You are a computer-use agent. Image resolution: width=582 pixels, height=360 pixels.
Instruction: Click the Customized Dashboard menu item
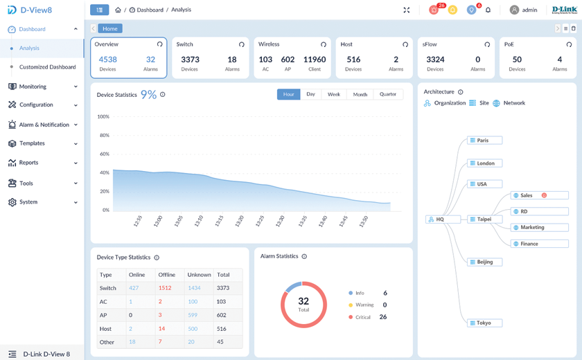click(47, 67)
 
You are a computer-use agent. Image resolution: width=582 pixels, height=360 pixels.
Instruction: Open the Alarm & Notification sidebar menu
click(43, 125)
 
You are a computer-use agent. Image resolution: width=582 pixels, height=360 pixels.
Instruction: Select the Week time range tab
click(334, 94)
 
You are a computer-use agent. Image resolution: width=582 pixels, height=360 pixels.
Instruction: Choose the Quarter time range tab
click(388, 94)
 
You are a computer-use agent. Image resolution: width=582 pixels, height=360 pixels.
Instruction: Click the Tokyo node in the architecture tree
click(484, 323)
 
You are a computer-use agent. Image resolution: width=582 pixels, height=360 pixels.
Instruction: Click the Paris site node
click(484, 141)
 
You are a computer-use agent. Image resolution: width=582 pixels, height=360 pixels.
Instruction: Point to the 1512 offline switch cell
click(165, 288)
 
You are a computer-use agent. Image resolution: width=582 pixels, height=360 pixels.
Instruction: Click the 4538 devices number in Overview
click(107, 60)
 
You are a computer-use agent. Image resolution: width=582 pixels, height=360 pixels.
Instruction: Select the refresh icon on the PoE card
click(570, 44)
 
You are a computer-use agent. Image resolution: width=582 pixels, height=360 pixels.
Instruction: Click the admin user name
click(529, 10)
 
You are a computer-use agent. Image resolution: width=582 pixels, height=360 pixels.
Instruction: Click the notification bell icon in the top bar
click(488, 10)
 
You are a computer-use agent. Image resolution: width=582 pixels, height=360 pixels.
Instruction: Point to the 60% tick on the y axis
click(105, 154)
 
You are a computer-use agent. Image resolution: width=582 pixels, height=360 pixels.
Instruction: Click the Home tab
click(109, 28)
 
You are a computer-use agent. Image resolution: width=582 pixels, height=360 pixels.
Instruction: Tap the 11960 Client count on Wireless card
click(315, 60)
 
